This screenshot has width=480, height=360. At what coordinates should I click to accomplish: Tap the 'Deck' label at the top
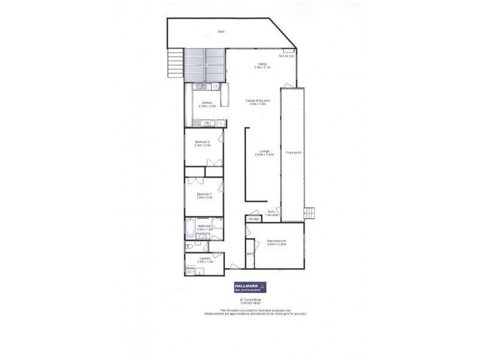click(221, 32)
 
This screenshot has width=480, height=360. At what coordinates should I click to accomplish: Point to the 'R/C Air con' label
click(286, 56)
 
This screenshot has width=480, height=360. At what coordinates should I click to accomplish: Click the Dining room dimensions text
click(262, 68)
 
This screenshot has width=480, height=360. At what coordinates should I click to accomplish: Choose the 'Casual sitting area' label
click(258, 100)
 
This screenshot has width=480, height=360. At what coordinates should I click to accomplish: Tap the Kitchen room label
click(207, 103)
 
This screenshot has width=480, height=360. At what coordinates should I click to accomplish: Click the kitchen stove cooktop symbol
click(197, 123)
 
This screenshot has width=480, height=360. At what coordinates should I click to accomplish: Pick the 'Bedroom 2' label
click(203, 142)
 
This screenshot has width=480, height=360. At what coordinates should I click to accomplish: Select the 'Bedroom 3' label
click(204, 194)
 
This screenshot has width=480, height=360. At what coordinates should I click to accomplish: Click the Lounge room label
click(264, 151)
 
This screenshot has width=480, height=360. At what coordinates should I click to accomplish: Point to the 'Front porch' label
click(293, 152)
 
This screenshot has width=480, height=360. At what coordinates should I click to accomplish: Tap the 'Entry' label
click(271, 211)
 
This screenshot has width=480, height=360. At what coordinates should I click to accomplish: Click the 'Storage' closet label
click(254, 220)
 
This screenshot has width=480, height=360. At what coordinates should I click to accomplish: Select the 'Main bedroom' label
click(277, 241)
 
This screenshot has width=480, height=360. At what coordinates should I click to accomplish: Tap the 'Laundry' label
click(205, 259)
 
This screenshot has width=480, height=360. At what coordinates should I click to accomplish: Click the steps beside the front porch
click(310, 214)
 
